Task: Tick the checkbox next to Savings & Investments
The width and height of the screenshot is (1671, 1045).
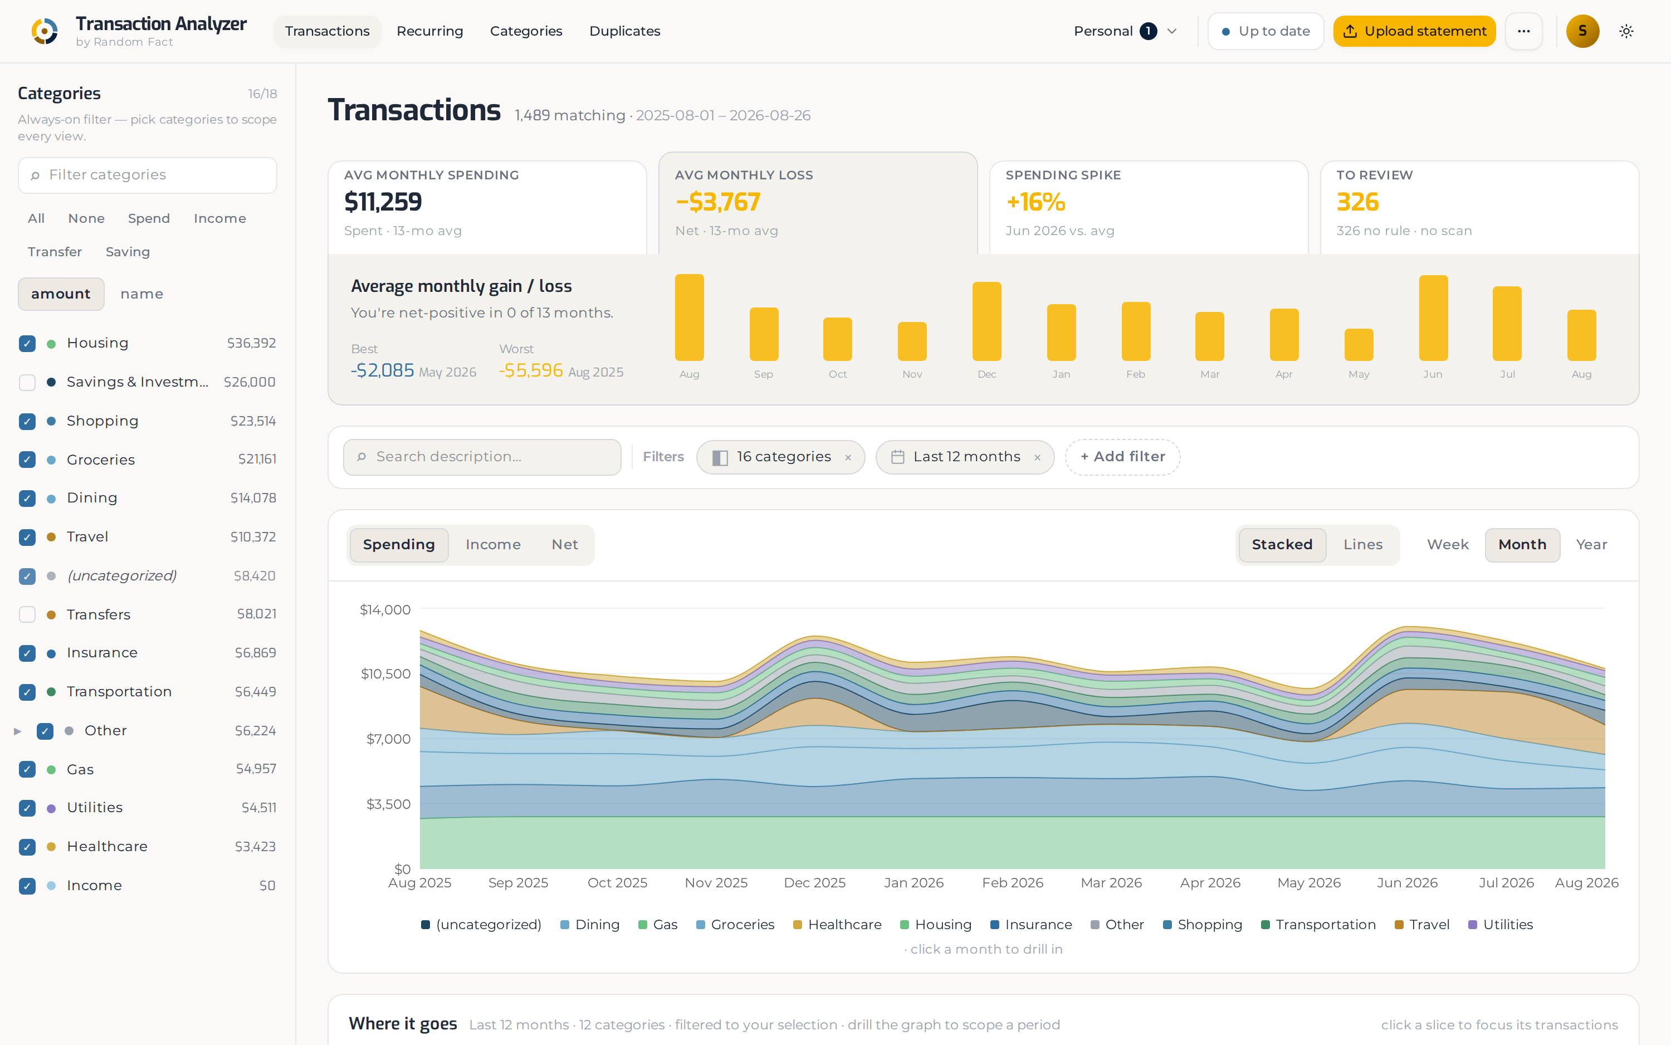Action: (27, 382)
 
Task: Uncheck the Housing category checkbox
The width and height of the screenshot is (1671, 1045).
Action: (27, 344)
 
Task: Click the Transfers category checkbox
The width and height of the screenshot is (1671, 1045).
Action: (27, 614)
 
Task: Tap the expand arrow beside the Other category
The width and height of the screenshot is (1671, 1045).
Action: (18, 730)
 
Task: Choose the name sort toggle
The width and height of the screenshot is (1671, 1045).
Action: (141, 294)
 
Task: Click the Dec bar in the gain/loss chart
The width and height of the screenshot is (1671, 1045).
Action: (986, 321)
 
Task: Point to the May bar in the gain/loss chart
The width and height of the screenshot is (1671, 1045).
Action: (1358, 345)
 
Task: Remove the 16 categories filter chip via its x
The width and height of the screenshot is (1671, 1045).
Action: (847, 457)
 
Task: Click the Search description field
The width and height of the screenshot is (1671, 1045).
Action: (482, 457)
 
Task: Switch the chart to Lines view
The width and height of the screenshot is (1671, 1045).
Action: (1362, 545)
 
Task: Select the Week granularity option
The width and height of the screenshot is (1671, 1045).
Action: (1447, 545)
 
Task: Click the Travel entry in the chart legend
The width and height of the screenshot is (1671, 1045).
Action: (1421, 925)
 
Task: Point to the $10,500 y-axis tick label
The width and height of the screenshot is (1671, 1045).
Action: (385, 674)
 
